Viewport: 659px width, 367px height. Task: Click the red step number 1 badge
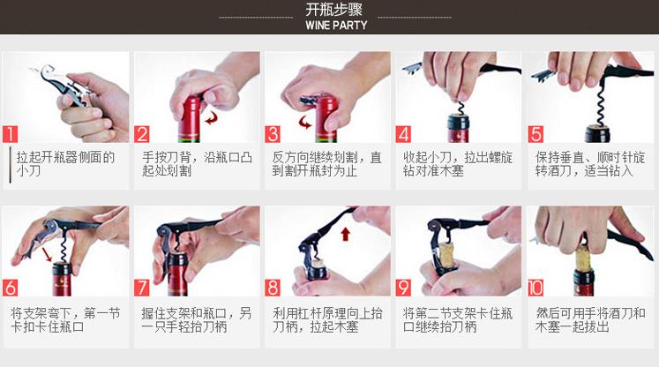[10, 134]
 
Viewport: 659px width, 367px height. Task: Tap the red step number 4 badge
[403, 134]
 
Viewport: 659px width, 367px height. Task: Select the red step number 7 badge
[142, 288]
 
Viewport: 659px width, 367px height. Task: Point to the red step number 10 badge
[535, 288]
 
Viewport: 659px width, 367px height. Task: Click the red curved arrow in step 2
[212, 117]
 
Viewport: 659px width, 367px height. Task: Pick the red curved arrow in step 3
[305, 123]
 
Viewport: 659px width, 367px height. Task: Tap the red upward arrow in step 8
[346, 234]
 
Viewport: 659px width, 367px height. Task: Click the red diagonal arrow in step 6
[48, 254]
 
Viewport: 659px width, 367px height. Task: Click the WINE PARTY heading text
[336, 26]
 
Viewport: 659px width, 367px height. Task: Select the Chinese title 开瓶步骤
[334, 9]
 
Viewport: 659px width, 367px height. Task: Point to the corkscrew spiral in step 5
[599, 105]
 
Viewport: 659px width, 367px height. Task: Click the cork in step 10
[583, 258]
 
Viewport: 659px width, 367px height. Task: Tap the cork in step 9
[447, 257]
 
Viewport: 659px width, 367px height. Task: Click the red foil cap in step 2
[190, 117]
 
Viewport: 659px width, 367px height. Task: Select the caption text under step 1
[65, 164]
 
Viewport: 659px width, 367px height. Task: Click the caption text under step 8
[327, 320]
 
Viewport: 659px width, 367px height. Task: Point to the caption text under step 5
[590, 164]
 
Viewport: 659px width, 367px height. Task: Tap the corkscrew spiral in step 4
[461, 108]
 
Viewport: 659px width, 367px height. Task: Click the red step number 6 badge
[10, 288]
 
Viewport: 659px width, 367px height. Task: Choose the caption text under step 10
[590, 320]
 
